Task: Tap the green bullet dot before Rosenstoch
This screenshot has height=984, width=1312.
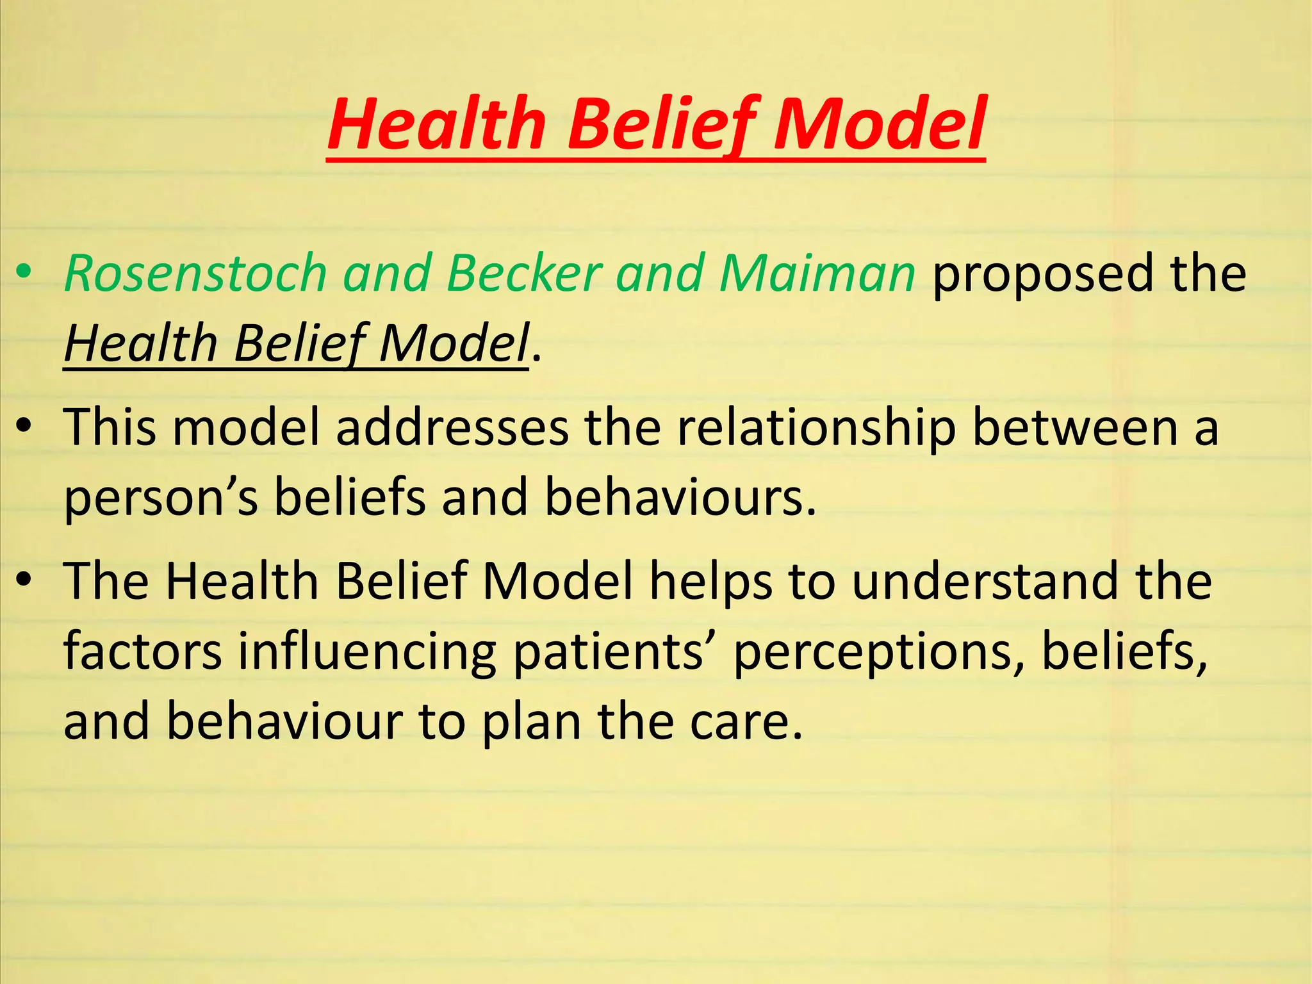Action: (x=24, y=272)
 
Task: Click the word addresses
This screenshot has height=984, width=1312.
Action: (x=452, y=427)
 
